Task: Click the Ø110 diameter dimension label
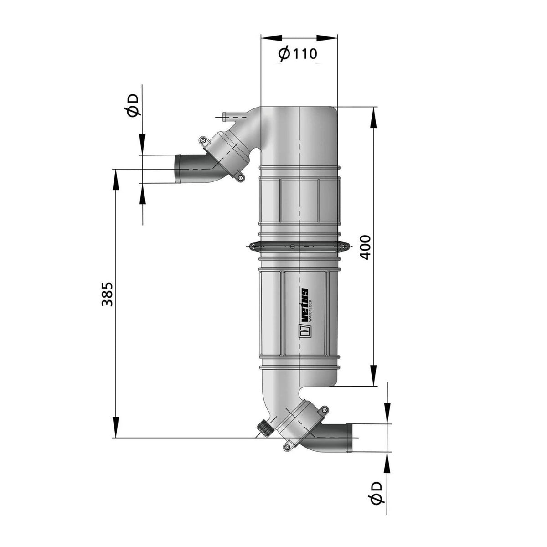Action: click(297, 54)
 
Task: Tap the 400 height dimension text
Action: click(365, 248)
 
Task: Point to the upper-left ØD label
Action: click(133, 105)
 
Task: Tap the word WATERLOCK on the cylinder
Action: click(310, 310)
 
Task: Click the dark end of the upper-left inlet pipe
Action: click(178, 169)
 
